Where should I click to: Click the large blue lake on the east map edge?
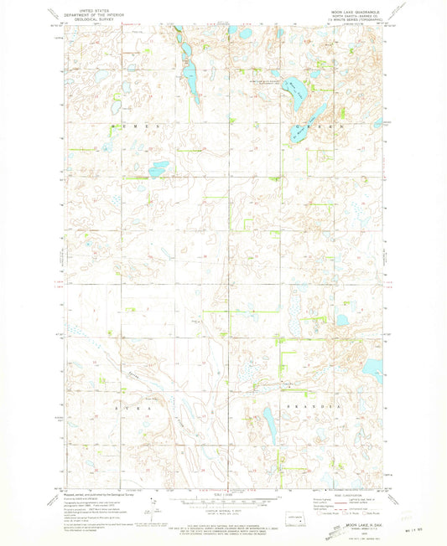(373, 366)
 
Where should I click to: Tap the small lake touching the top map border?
(232, 30)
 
